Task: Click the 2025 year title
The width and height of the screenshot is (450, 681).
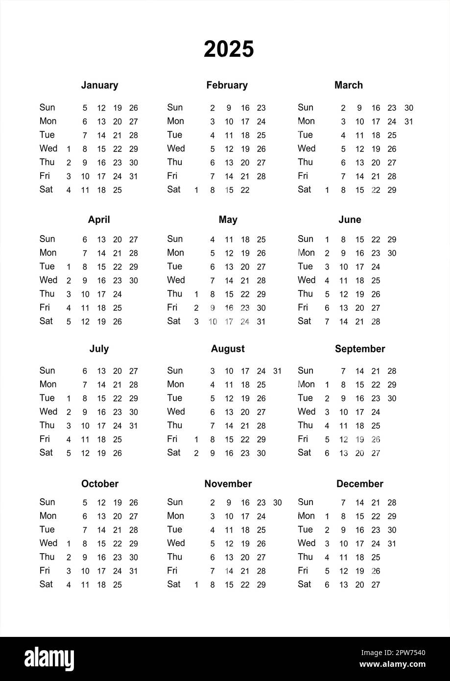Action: click(x=229, y=49)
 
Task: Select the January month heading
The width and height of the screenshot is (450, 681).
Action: click(x=99, y=85)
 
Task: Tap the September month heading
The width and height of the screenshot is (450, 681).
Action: click(x=360, y=349)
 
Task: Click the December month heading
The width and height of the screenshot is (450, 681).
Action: click(x=359, y=484)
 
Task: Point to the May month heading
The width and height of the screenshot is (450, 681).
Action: click(x=228, y=220)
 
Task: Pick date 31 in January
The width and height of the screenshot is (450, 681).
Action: click(x=134, y=176)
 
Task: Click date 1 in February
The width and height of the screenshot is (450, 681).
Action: click(x=196, y=190)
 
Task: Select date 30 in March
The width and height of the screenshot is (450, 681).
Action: click(x=409, y=108)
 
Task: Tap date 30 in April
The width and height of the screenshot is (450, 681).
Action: click(x=134, y=281)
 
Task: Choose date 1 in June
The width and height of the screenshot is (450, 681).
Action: click(x=327, y=240)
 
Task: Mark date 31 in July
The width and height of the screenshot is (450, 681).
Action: click(x=134, y=426)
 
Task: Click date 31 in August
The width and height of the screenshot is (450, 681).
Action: click(x=277, y=371)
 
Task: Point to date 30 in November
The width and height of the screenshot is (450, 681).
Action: click(x=277, y=503)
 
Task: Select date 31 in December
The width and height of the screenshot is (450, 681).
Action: click(x=392, y=544)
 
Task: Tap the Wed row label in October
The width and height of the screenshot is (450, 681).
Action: click(x=48, y=543)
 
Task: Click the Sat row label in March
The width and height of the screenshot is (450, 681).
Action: click(x=305, y=189)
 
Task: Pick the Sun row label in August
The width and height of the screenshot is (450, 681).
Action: click(x=175, y=370)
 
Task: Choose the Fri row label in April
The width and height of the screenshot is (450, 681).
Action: click(x=45, y=307)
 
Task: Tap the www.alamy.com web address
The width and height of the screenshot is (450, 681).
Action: click(x=393, y=664)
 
